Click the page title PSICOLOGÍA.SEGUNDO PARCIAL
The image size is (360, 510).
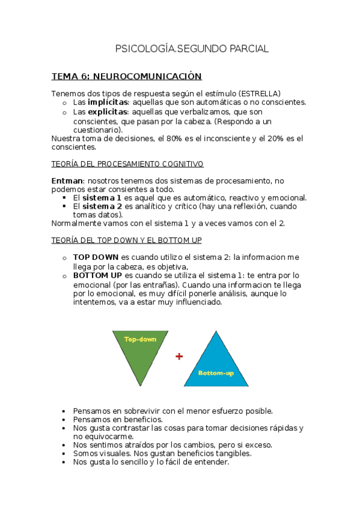pos(192,49)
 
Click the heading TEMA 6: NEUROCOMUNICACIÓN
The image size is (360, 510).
pos(126,76)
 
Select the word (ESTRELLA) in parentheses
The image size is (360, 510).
pos(259,94)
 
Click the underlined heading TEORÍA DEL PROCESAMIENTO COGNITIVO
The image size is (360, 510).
pos(127,164)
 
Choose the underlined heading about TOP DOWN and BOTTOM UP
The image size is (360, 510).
pos(126,241)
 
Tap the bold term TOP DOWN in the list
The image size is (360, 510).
pos(96,257)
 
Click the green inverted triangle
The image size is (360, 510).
pos(141,355)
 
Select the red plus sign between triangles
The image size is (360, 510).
pos(178,357)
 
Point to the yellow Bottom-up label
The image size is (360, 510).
pos(216,373)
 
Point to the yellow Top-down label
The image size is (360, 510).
pos(141,339)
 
